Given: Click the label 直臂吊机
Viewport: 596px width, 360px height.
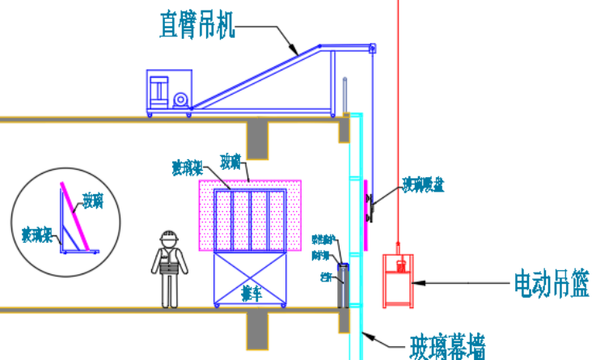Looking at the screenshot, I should [x=197, y=25].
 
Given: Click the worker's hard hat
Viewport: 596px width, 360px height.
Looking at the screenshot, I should [x=169, y=237].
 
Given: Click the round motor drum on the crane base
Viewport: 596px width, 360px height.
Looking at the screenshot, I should [x=180, y=99].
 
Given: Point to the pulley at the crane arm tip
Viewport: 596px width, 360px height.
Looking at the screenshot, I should [x=372, y=50].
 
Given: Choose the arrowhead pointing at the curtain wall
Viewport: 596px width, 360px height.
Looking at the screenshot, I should [x=366, y=333].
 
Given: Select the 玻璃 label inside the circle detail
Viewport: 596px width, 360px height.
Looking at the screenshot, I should [x=93, y=198].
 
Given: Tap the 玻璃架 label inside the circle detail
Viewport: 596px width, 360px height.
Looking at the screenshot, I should [x=36, y=235].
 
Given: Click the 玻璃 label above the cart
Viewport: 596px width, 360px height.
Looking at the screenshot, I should [x=230, y=162].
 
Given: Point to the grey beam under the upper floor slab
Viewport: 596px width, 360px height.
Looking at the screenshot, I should [x=258, y=138].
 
